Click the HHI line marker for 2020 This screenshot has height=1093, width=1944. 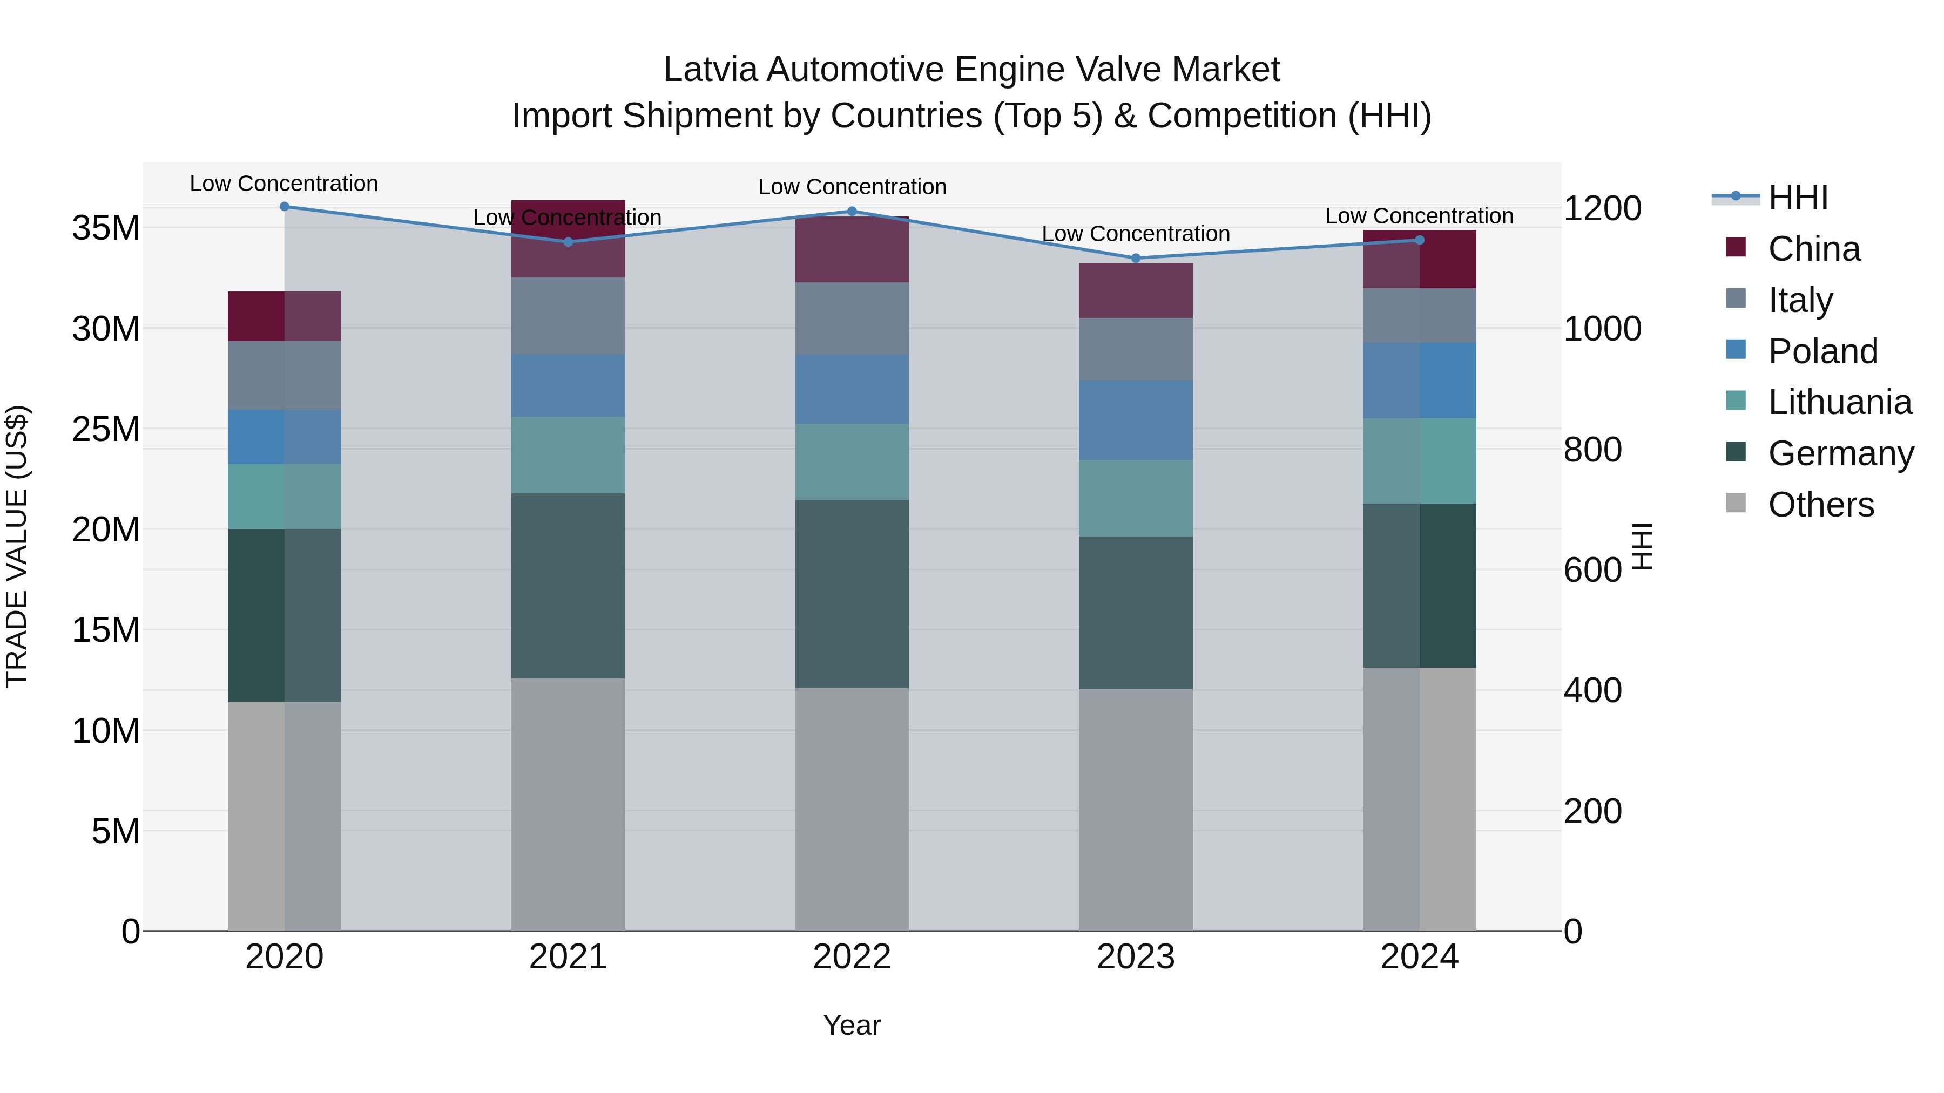(285, 207)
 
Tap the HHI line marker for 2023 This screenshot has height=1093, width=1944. (1136, 258)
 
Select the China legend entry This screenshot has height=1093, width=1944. (1813, 249)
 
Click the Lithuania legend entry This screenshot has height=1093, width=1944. (1839, 402)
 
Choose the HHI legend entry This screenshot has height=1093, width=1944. (1798, 198)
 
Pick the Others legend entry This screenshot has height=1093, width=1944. (1820, 505)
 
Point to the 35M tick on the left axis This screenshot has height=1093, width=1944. (106, 228)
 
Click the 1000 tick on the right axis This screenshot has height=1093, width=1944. (1602, 329)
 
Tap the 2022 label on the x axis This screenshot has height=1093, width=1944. (852, 957)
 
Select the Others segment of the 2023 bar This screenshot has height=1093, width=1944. (1136, 810)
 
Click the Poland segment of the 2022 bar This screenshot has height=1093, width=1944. (852, 389)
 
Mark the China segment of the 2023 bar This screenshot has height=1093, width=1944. (1136, 290)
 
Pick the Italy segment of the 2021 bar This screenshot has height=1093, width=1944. (568, 316)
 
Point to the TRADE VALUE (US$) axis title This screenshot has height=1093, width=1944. (17, 546)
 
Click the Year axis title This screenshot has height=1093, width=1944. (852, 1025)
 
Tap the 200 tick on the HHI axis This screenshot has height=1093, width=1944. (1592, 812)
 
